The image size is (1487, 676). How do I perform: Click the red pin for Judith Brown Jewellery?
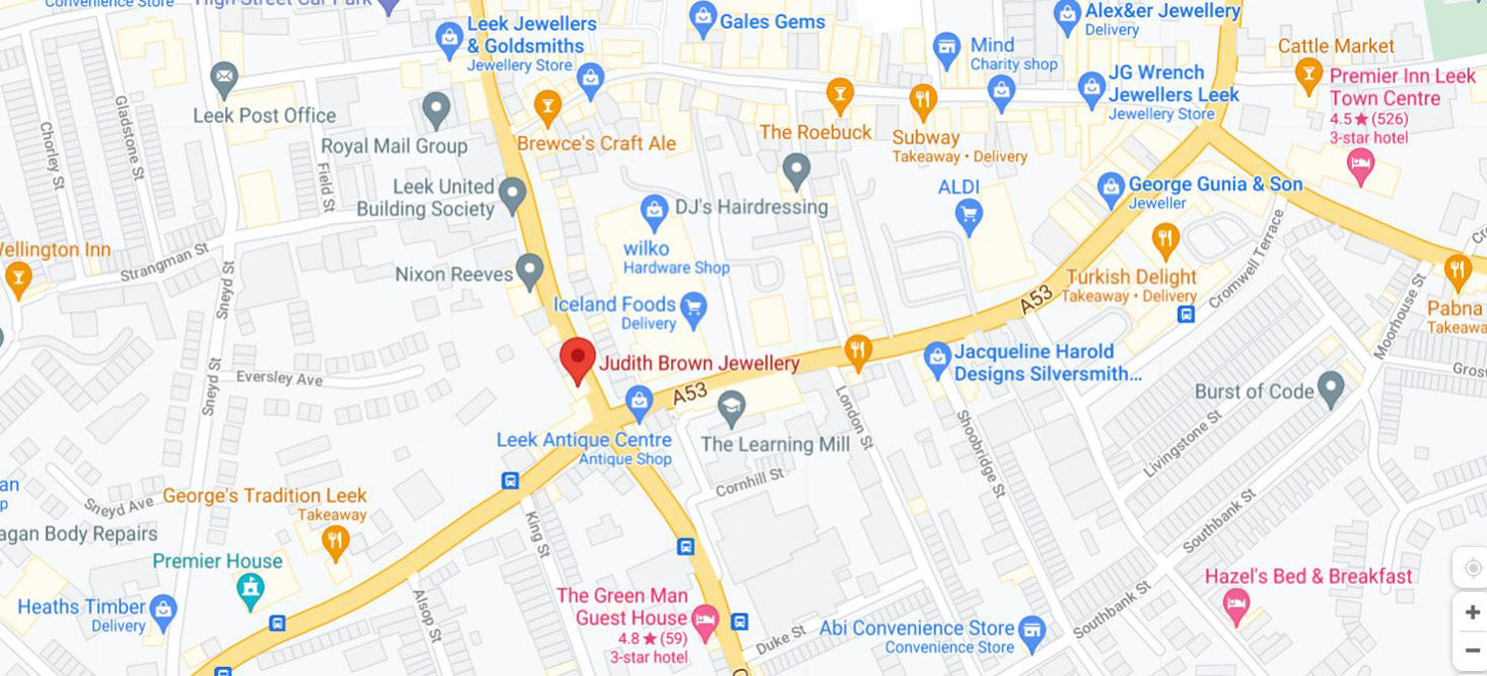(x=577, y=358)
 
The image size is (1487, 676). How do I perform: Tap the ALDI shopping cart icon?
(x=969, y=212)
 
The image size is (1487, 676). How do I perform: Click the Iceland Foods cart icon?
(x=694, y=307)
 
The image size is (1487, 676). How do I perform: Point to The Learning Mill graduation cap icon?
(x=732, y=404)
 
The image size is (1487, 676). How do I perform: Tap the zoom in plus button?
(x=1472, y=613)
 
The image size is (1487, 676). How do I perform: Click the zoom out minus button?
(x=1472, y=651)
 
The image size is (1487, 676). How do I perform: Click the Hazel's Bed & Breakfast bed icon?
(x=1236, y=605)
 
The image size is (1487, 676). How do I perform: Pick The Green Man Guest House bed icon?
(x=704, y=620)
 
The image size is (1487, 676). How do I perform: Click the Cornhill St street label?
(x=750, y=482)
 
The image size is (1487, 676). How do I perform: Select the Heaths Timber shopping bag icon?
(x=164, y=611)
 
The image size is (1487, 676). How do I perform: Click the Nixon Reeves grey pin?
(x=530, y=271)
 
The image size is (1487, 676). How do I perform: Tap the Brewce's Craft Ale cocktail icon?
(x=547, y=104)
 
